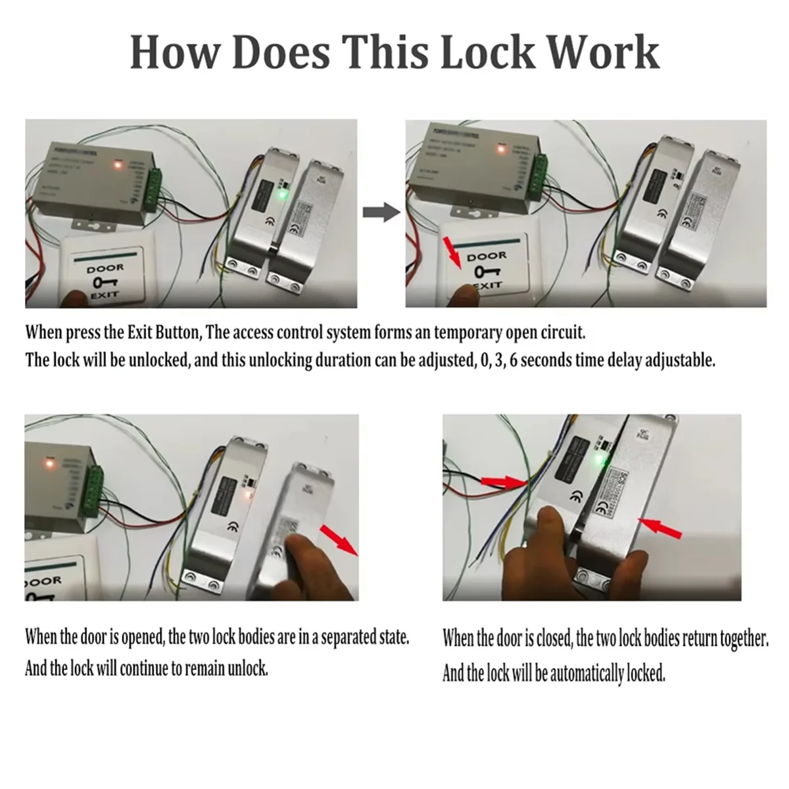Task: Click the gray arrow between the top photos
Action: (x=382, y=212)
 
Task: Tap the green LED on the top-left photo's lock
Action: (x=281, y=195)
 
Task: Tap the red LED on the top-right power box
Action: (x=501, y=149)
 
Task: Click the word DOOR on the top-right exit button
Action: (x=487, y=256)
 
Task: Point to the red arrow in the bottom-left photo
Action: (x=339, y=540)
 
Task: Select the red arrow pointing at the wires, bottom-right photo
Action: (x=504, y=483)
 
